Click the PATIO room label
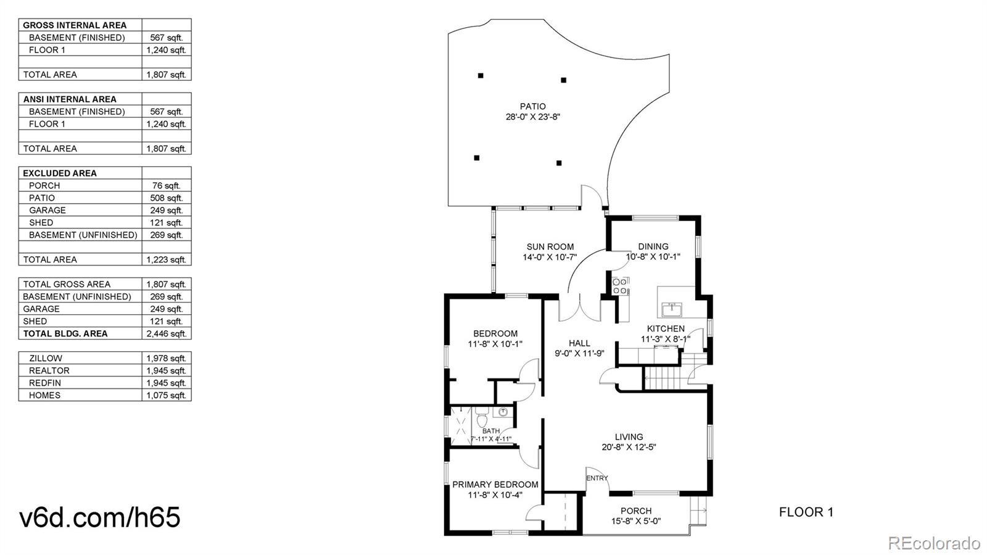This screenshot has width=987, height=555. point(532,106)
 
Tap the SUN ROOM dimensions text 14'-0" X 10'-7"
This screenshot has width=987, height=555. point(550,257)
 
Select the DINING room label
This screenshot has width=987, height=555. point(653,246)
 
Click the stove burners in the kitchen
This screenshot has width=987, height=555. point(620,286)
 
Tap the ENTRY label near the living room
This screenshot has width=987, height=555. point(597,478)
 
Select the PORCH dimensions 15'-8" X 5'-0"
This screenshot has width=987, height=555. point(636,521)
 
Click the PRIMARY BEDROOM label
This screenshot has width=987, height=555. point(495,485)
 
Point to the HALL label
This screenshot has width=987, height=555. point(579,343)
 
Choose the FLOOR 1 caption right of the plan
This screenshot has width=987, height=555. point(806,512)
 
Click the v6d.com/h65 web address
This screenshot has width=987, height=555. point(100,517)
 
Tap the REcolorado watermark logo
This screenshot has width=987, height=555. point(933,543)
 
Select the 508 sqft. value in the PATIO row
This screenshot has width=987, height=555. point(166,198)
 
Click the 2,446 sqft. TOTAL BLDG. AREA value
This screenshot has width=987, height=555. point(166,334)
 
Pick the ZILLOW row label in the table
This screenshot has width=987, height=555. point(46,358)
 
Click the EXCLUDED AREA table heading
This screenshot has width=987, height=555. point(60,173)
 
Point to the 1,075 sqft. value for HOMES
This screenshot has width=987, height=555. point(166,396)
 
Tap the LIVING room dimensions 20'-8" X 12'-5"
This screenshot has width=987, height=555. point(629,448)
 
